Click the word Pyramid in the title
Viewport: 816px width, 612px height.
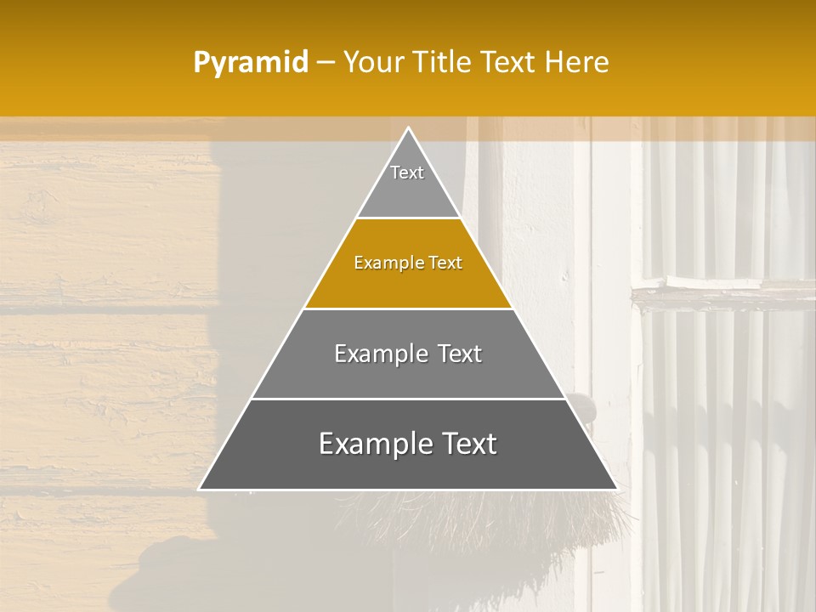point(251,62)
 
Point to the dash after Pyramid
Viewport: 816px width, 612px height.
point(326,63)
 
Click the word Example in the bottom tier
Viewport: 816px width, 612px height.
point(375,444)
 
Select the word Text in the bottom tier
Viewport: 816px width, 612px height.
point(467,444)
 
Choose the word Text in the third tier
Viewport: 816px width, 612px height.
point(456,354)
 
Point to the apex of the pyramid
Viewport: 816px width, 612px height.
point(408,129)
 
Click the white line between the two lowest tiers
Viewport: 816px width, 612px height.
point(408,399)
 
